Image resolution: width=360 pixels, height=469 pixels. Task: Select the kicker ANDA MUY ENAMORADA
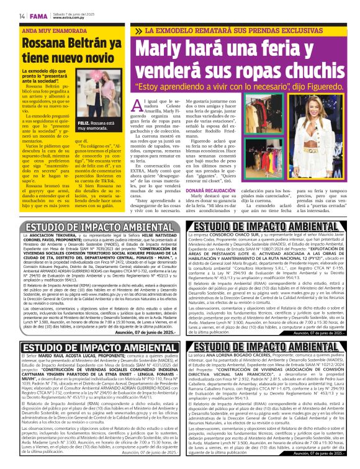pos(52,29)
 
